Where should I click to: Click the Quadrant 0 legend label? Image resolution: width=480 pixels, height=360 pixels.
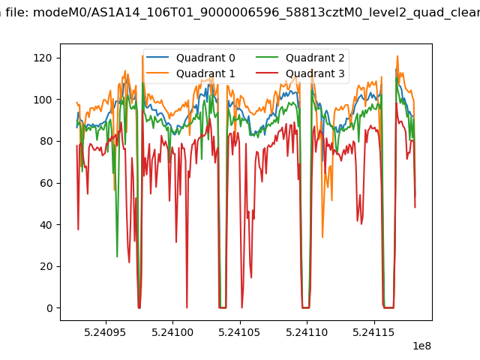[x=205, y=58]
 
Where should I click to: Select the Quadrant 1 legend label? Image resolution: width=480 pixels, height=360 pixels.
[x=205, y=73]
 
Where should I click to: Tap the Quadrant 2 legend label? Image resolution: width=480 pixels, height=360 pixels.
[x=315, y=58]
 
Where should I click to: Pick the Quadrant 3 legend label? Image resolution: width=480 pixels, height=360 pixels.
[x=315, y=73]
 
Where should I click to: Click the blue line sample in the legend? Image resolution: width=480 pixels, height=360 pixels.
[x=157, y=57]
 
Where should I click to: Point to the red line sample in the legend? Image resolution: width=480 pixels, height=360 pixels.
[x=267, y=73]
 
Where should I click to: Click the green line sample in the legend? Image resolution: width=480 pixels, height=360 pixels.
[x=267, y=57]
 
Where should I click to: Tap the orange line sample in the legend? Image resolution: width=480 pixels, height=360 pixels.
[x=157, y=73]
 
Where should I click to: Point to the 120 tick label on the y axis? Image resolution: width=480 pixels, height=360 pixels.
[x=43, y=58]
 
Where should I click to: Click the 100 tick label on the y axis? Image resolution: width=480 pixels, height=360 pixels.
[x=43, y=100]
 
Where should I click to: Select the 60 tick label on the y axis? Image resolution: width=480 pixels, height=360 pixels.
[x=46, y=183]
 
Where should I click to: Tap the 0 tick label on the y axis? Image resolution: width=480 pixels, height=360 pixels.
[x=49, y=308]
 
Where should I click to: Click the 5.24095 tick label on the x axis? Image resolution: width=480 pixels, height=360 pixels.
[x=105, y=332]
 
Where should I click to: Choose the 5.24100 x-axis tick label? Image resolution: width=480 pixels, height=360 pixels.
[x=172, y=332]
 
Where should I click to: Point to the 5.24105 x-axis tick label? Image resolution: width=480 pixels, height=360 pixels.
[x=239, y=332]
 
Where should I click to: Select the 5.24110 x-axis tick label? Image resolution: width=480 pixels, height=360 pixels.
[x=307, y=332]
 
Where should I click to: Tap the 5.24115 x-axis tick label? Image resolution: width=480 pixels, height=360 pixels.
[x=373, y=332]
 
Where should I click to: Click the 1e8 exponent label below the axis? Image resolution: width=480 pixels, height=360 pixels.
[x=421, y=346]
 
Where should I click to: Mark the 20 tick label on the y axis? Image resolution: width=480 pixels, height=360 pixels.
[x=46, y=267]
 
